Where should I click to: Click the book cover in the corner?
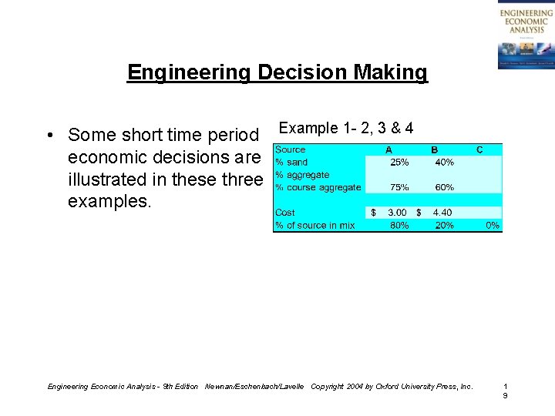point(526,35)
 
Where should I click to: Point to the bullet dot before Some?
point(49,136)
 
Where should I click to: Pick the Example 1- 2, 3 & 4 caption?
point(345,128)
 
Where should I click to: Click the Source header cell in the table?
point(291,149)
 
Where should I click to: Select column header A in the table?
point(388,149)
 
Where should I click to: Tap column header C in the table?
point(479,149)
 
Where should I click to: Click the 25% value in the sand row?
point(399,163)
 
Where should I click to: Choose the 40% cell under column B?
point(444,163)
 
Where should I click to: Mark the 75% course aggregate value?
point(399,187)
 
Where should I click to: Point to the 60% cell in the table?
point(444,187)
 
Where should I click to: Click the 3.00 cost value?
point(397,213)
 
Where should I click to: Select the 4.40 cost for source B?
point(442,213)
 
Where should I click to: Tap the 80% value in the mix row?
point(399,226)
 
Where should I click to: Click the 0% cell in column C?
point(493,226)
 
